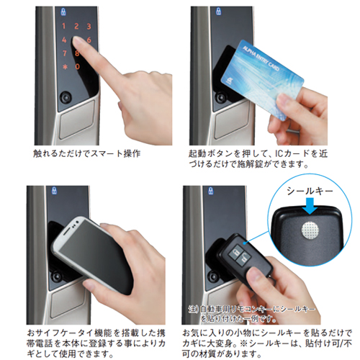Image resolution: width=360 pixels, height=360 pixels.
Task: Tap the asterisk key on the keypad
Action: [65, 66]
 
